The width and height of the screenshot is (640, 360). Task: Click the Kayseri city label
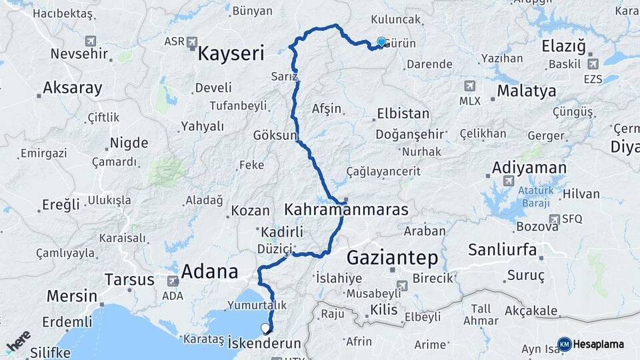pos(230,53)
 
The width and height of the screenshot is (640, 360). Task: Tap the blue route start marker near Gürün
pos(381,42)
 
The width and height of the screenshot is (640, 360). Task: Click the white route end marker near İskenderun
pos(265,328)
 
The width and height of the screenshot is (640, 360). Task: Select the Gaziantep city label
pos(392,257)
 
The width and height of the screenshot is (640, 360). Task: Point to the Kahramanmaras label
pos(346,210)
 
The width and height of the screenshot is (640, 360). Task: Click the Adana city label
pos(210,271)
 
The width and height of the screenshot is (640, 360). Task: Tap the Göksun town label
pos(274,135)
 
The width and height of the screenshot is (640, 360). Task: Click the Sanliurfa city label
pos(503,251)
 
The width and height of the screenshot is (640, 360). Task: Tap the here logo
pos(18,341)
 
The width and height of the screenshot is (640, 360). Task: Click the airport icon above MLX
pos(469,87)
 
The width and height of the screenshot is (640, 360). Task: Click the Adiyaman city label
pos(529,167)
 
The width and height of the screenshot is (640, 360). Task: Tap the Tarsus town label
pos(130,279)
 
